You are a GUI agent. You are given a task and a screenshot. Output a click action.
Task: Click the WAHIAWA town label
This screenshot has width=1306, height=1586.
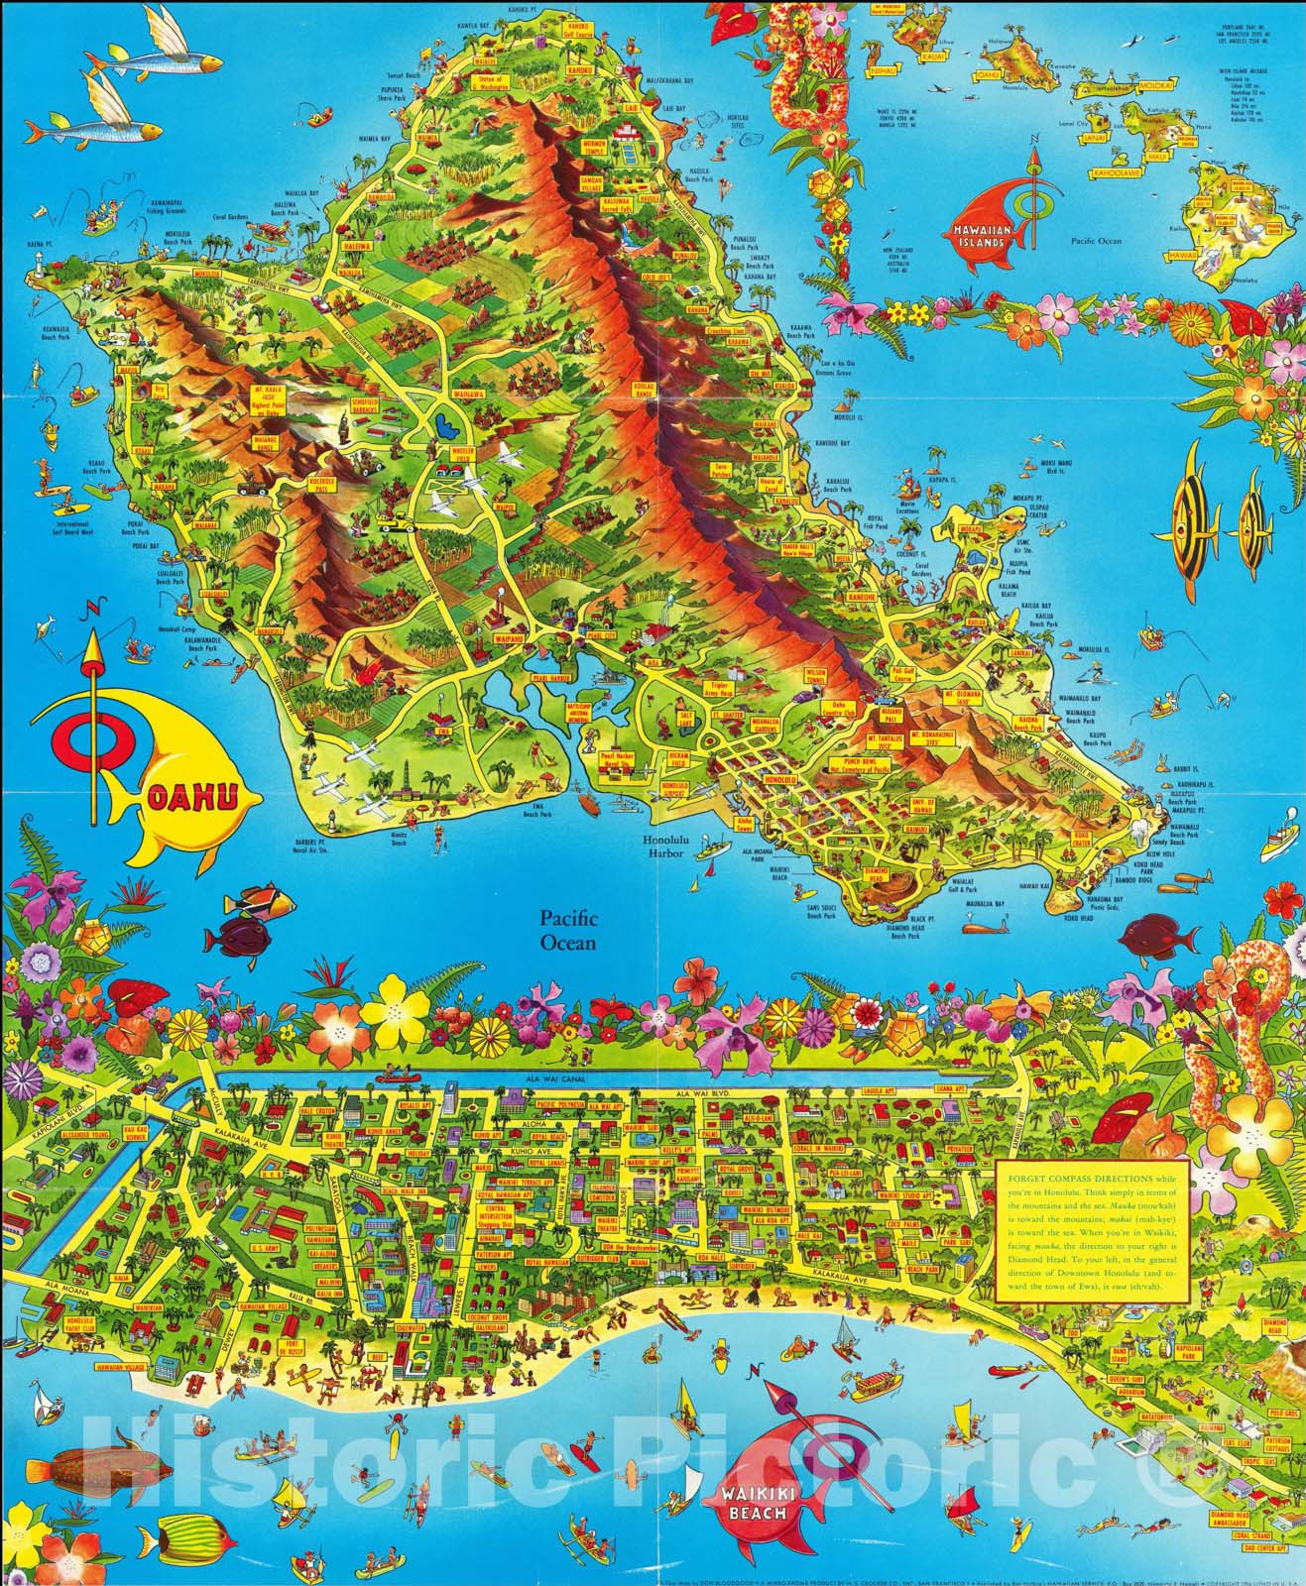tap(464, 394)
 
